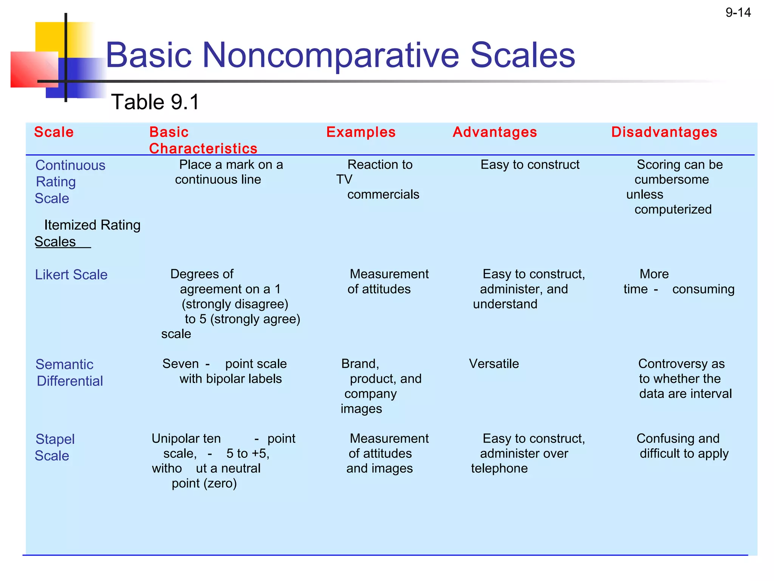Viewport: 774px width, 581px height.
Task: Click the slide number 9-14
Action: coord(738,12)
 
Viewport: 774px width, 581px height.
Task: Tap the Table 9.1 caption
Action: coord(155,102)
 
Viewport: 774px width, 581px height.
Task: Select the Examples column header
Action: coord(361,132)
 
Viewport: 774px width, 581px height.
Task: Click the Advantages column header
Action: coord(494,132)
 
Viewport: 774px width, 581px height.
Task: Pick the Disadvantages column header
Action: coord(664,132)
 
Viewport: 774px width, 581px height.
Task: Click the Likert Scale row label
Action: coord(71,275)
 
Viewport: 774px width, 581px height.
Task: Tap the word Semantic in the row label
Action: coord(64,364)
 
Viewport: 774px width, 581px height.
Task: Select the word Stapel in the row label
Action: coord(55,439)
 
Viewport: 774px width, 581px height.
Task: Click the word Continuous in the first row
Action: coord(70,165)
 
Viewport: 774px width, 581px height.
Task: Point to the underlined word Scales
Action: coord(55,242)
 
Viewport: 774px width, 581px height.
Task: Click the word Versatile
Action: coord(494,364)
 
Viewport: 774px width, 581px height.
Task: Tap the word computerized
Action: coord(673,209)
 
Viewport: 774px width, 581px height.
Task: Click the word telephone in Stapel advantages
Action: coord(499,468)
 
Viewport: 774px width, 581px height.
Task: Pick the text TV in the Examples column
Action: coord(344,179)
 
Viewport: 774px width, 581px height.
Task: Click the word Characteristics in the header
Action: coord(203,149)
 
